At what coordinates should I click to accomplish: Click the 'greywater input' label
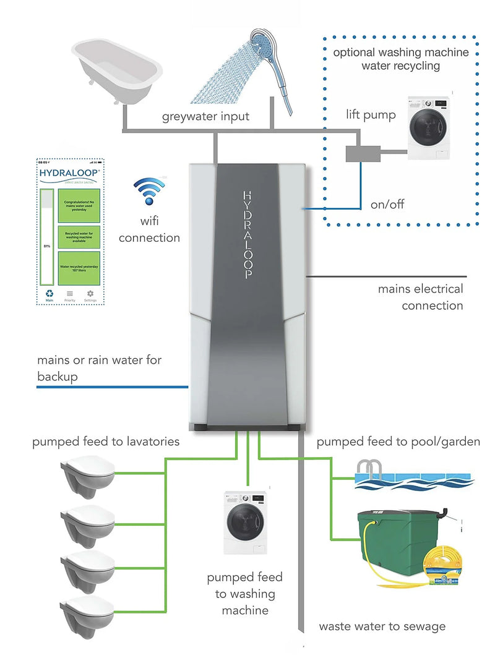tap(205, 117)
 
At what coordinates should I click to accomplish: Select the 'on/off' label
tap(387, 204)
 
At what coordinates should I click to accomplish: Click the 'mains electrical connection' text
tap(421, 297)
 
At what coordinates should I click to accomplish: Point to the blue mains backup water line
tap(111, 387)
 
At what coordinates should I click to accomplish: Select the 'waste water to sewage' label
tap(382, 626)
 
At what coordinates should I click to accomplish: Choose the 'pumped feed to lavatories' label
tap(106, 442)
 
